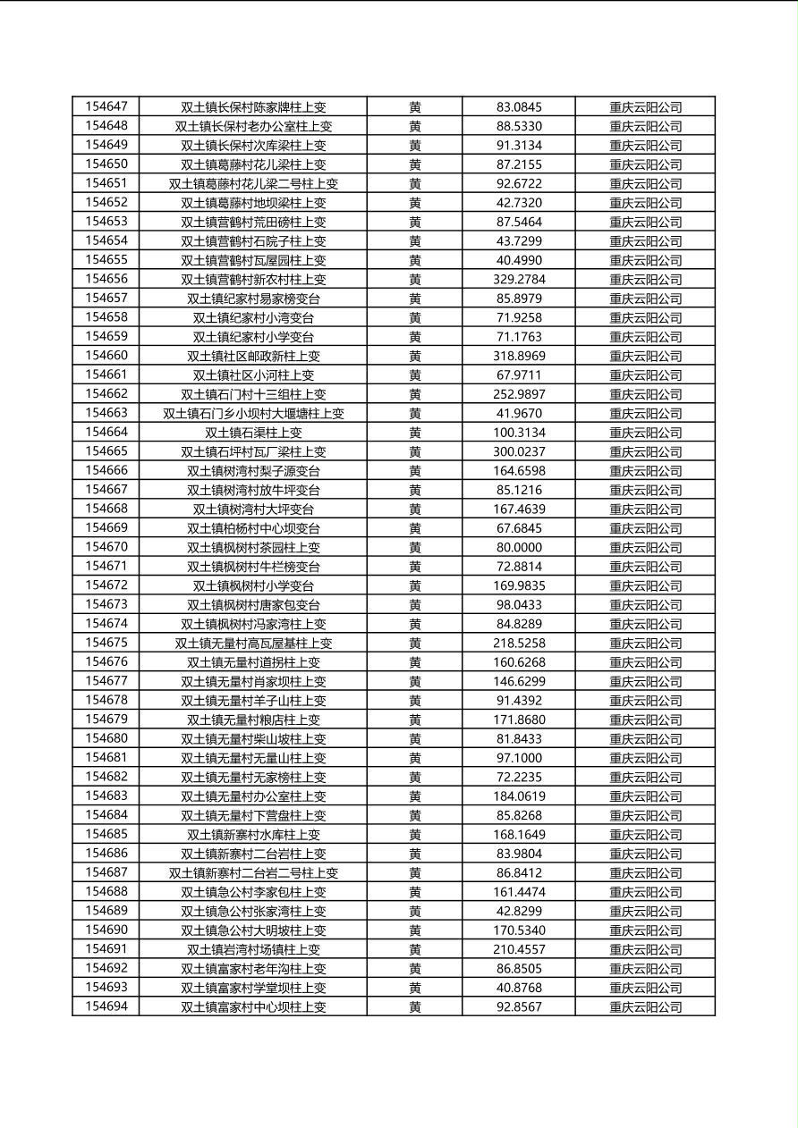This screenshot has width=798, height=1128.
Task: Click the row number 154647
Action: pyautogui.click(x=106, y=106)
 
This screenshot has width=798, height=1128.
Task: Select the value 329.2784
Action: pyautogui.click(x=519, y=279)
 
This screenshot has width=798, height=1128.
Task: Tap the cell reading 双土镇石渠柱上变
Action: pyautogui.click(x=253, y=433)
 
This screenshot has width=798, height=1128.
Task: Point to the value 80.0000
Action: pyautogui.click(x=519, y=547)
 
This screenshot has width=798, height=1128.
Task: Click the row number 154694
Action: pyautogui.click(x=106, y=1006)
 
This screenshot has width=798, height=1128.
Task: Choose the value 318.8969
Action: pyautogui.click(x=519, y=356)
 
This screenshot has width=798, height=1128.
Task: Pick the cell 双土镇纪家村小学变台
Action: pyautogui.click(x=253, y=337)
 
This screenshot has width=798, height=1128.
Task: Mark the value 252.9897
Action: pyautogui.click(x=519, y=394)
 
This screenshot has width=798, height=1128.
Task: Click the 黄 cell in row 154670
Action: pyautogui.click(x=415, y=547)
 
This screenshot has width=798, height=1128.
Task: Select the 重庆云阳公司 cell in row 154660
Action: pyautogui.click(x=645, y=356)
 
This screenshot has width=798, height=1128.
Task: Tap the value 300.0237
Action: pyautogui.click(x=519, y=451)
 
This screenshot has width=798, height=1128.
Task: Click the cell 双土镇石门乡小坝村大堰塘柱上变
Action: pyautogui.click(x=253, y=413)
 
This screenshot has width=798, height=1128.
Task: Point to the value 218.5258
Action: pyautogui.click(x=519, y=643)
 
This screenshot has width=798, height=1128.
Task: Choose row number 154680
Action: pyautogui.click(x=106, y=738)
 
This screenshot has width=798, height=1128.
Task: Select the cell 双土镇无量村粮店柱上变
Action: pyautogui.click(x=253, y=720)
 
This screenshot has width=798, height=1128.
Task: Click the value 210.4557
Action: pyautogui.click(x=519, y=949)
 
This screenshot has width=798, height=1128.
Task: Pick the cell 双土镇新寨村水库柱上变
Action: pyautogui.click(x=253, y=834)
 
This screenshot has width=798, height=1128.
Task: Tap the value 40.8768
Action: pyautogui.click(x=519, y=988)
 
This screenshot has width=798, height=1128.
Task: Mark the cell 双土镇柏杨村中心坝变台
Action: pyautogui.click(x=253, y=528)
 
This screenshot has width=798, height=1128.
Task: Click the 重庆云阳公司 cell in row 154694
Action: pyautogui.click(x=645, y=1006)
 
